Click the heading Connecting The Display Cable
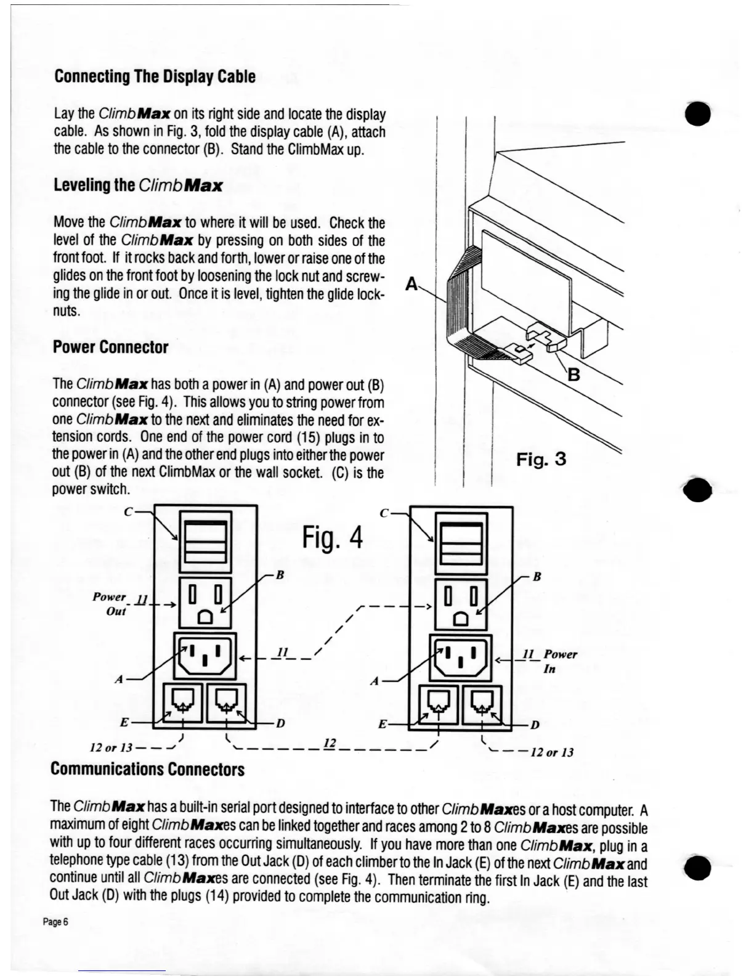pos(155,76)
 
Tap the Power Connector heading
pos(110,347)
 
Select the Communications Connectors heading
pos(147,769)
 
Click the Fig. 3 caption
pos(540,459)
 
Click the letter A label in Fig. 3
pos(411,284)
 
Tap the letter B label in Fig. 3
pos(574,374)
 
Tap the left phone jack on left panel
pos(183,702)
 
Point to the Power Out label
pos(110,604)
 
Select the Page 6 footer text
pos(55,922)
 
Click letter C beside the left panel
pos(128,512)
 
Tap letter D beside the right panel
pos(535,725)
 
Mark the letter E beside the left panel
pos(124,723)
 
